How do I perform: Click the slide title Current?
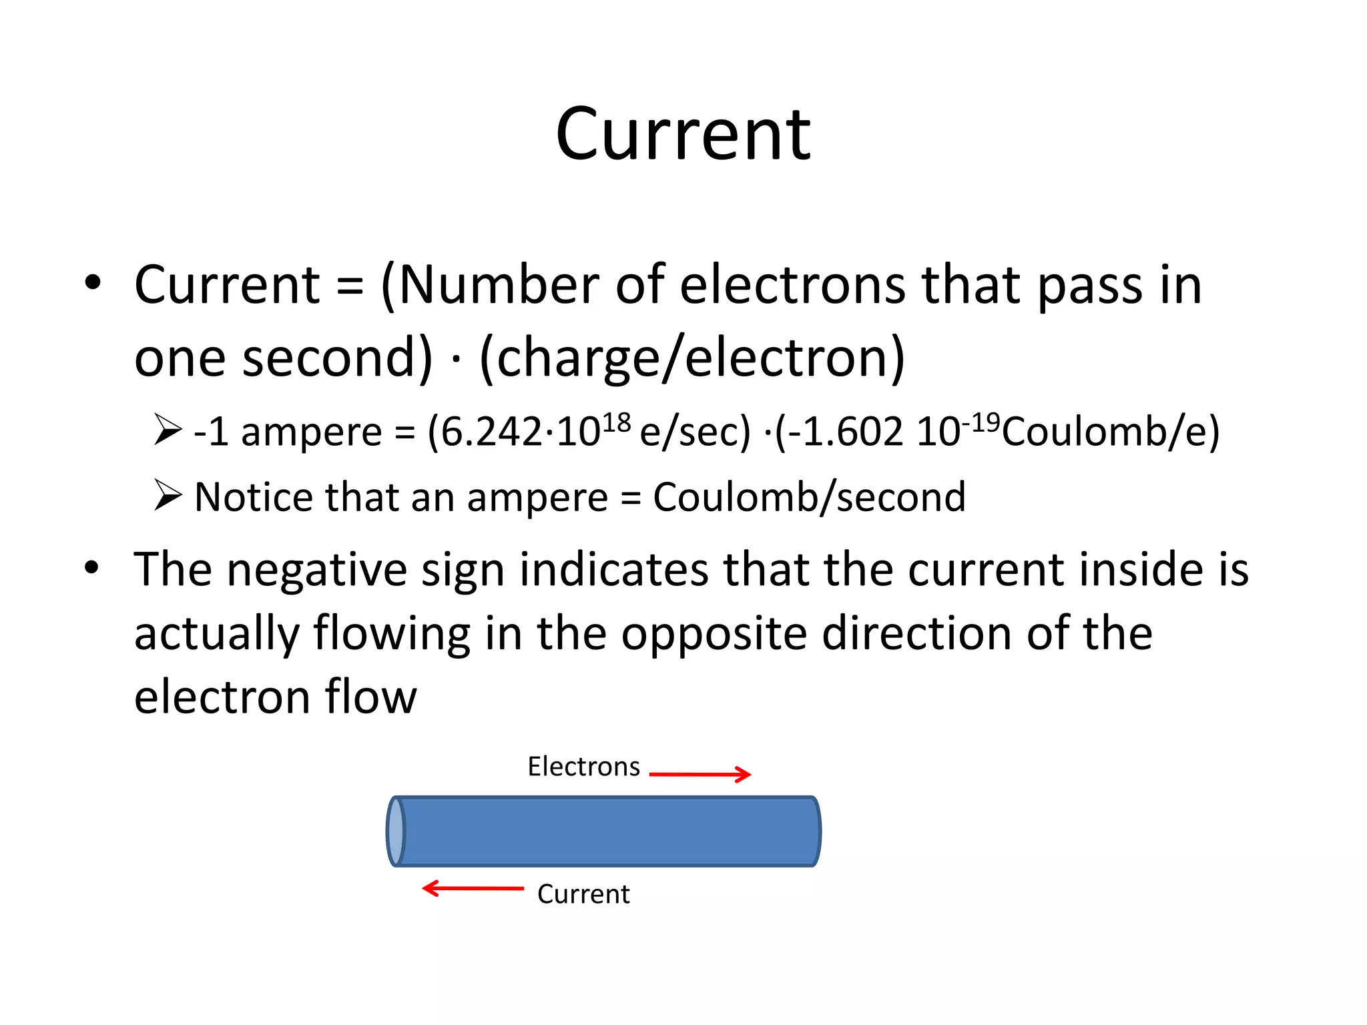point(683,135)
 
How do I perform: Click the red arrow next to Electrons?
point(700,774)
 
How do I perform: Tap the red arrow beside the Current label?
point(473,888)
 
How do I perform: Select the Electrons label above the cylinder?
point(583,767)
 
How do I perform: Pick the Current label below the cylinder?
point(583,894)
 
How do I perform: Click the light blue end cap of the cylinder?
point(396,831)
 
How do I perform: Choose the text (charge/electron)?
point(692,358)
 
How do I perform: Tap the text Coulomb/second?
point(809,497)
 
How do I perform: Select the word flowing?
point(392,634)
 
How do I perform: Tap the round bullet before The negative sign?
point(92,568)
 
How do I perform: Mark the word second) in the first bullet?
point(337,358)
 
